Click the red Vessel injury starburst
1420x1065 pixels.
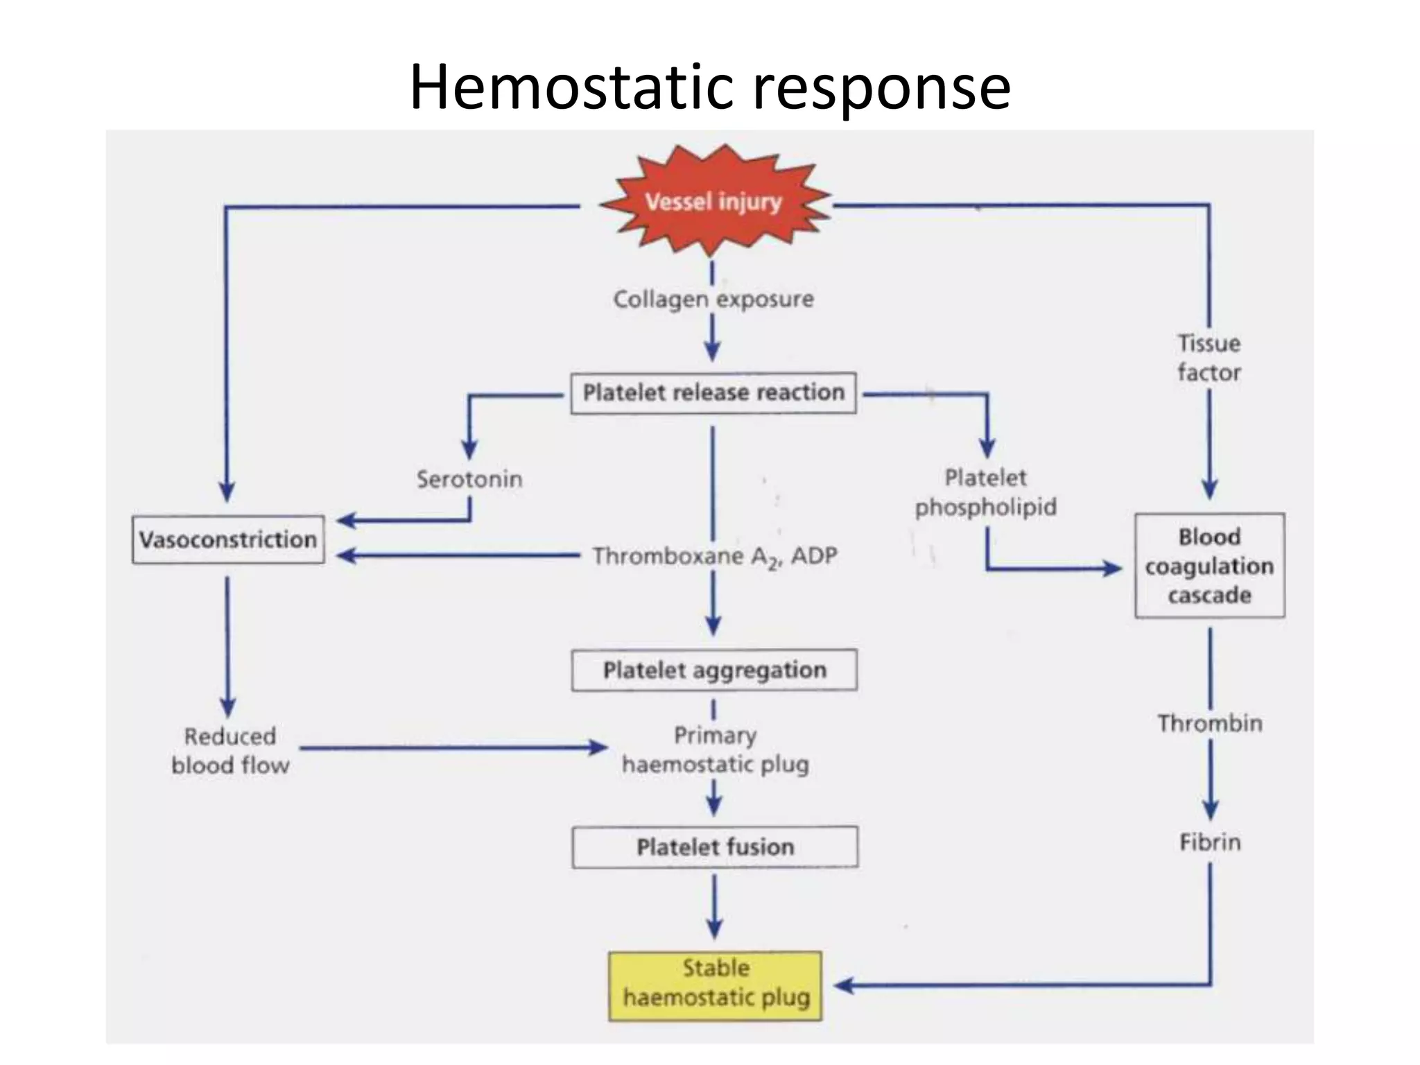713,202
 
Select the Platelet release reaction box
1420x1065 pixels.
713,393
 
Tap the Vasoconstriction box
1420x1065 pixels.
228,539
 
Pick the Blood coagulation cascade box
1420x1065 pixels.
1209,566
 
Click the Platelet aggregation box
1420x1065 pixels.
714,670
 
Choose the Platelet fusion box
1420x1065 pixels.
715,847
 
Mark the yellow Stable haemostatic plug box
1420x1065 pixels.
716,985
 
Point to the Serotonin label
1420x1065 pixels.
469,479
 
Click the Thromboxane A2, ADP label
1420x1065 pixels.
714,556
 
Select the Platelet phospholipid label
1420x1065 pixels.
985,492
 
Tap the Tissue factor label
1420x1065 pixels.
1209,358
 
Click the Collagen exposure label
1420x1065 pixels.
713,300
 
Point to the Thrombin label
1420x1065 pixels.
1210,723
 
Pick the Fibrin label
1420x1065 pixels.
1210,842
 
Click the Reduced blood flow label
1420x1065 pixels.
230,751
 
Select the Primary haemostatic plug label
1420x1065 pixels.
715,750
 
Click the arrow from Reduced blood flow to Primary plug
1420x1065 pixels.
451,747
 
